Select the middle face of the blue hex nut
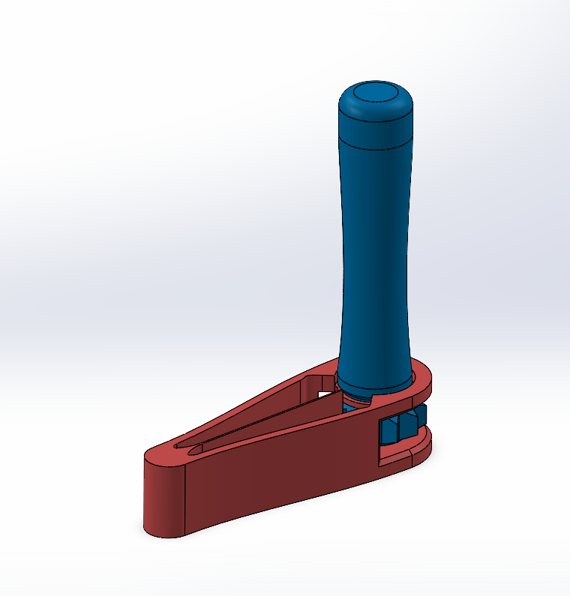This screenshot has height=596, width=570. [x=406, y=425]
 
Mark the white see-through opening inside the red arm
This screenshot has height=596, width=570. [x=324, y=391]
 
